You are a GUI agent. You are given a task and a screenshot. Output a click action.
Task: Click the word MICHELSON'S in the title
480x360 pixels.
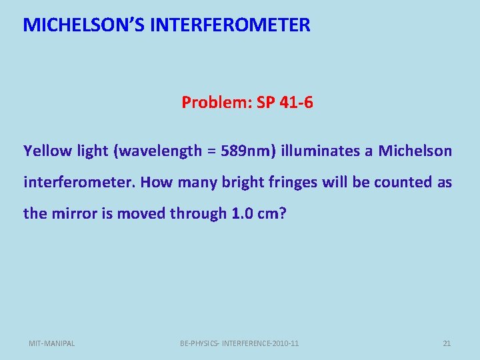coord(73,25)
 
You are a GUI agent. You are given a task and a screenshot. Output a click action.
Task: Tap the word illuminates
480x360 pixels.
coord(322,151)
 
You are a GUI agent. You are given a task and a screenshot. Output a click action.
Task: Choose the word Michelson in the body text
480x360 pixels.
coord(415,151)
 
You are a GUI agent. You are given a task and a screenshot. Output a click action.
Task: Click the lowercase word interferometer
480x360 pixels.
coord(71,182)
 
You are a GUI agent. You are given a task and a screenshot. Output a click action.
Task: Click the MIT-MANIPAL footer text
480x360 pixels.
coord(51,343)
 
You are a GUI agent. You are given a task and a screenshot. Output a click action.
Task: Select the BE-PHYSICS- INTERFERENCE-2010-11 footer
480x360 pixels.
coord(239,343)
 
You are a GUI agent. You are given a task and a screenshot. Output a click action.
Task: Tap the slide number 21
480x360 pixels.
coord(447,343)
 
